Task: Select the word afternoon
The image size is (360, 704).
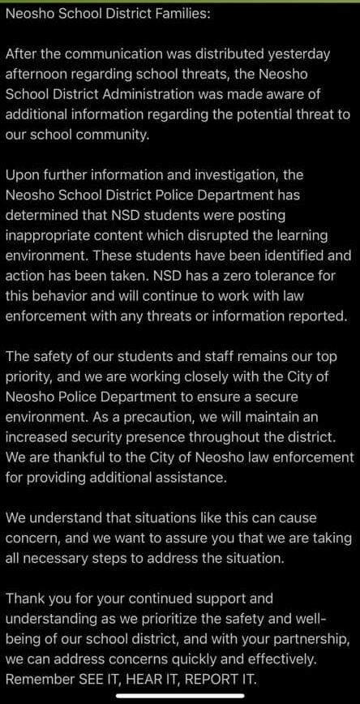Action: click(40, 75)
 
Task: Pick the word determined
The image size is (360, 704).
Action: click(43, 215)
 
